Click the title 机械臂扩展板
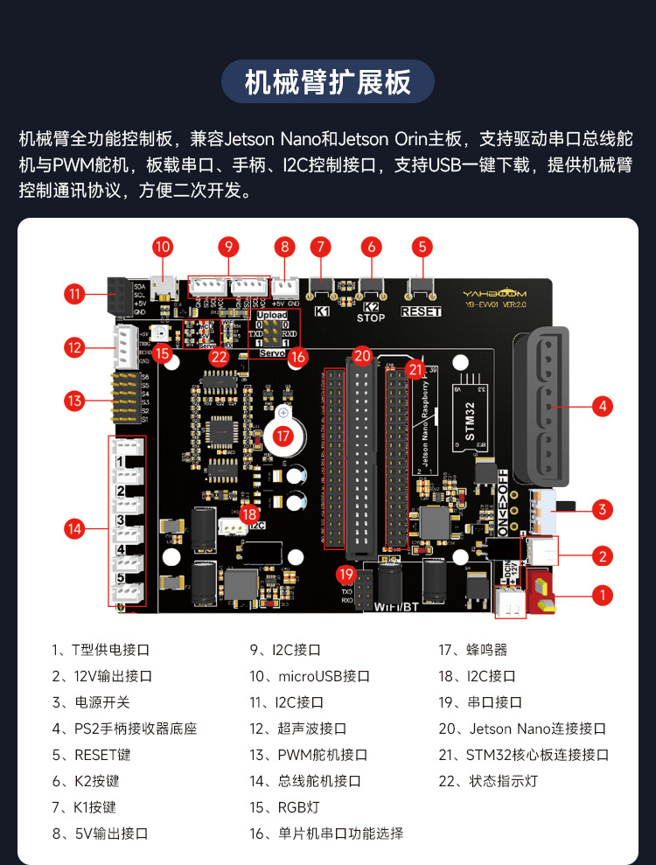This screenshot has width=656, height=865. [327, 82]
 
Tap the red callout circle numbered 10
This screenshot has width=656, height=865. [163, 247]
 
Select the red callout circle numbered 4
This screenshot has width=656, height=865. [601, 406]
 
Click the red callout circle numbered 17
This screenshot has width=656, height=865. [283, 434]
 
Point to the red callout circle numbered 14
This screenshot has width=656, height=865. [75, 527]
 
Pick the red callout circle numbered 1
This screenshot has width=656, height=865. [601, 596]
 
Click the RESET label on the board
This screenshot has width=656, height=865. [421, 311]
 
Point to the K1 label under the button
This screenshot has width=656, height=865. [321, 311]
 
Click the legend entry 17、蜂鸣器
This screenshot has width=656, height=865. [472, 650]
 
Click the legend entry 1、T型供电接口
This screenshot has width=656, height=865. [101, 650]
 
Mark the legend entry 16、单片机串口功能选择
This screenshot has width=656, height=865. [326, 834]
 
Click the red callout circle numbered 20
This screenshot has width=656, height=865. [362, 355]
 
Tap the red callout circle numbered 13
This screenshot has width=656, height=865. [75, 401]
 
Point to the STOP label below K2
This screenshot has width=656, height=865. [370, 318]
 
